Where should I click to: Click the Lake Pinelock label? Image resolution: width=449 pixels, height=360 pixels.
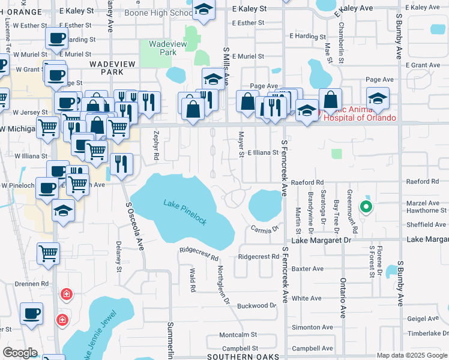(x=185, y=212)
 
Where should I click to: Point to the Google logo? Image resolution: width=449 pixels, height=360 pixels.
(x=20, y=353)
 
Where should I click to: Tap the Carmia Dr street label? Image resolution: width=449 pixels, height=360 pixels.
(x=265, y=229)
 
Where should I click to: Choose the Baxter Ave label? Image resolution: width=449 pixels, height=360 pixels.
(x=307, y=268)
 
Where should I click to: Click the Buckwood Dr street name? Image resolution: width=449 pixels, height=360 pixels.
(x=256, y=305)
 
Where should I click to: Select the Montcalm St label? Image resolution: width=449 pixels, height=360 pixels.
(x=238, y=334)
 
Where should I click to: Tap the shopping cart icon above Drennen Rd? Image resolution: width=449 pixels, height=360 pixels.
(x=48, y=253)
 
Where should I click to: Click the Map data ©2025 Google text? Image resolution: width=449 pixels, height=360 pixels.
(x=411, y=355)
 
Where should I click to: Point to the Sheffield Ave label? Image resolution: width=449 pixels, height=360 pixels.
(x=426, y=225)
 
